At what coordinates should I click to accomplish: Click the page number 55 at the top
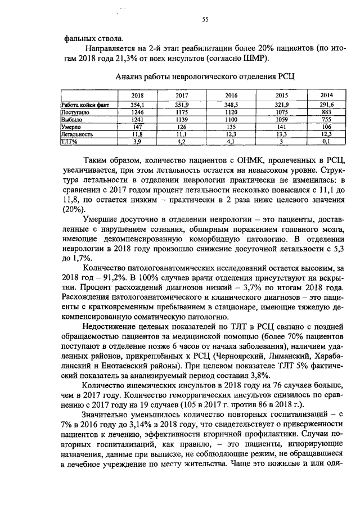pyautogui.click(x=205, y=20)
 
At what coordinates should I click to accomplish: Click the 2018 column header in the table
pyautogui.click(x=137, y=95)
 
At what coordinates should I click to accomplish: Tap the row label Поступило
pyautogui.click(x=75, y=112)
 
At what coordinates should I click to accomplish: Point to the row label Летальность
pyautogui.click(x=77, y=134)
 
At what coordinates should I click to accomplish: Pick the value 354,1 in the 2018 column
pyautogui.click(x=137, y=105)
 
